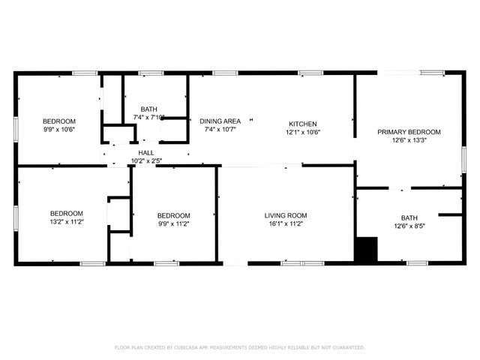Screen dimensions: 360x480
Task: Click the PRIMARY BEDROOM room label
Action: point(409,132)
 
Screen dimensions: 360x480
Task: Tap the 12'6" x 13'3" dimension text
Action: point(409,140)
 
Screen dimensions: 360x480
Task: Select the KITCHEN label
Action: point(303,124)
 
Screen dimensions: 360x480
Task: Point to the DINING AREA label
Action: point(220,121)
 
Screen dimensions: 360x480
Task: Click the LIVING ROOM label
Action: point(286,216)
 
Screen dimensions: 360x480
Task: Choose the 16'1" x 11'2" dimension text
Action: point(286,224)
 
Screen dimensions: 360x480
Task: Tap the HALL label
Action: point(146,153)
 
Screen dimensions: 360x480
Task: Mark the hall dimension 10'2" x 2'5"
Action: point(146,160)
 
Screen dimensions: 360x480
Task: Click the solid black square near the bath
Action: point(365,250)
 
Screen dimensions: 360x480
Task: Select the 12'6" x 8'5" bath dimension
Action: point(409,226)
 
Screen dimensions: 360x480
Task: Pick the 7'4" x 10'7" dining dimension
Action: point(220,130)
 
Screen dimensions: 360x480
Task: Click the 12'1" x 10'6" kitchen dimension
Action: point(303,133)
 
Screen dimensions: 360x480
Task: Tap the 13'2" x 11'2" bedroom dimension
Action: point(67,222)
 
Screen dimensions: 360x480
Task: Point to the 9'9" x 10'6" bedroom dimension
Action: point(58,130)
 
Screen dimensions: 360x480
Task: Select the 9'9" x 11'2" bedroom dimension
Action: point(173,224)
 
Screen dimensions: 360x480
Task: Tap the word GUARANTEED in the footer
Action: point(347,348)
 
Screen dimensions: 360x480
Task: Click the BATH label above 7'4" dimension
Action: point(148,109)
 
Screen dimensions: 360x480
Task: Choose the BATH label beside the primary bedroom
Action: point(409,217)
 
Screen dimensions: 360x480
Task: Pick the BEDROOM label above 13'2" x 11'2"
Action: point(67,214)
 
